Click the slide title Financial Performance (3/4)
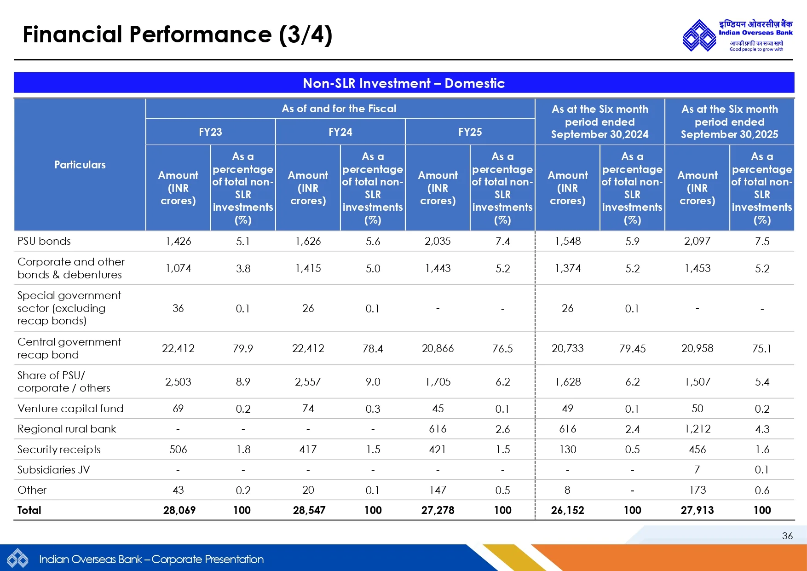[177, 35]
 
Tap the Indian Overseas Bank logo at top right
[737, 35]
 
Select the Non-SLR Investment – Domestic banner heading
[403, 83]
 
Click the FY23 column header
[210, 132]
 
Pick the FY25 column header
[470, 132]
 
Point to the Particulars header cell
[80, 165]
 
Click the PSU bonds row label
[44, 241]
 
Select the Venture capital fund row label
[70, 409]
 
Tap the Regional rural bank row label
[67, 429]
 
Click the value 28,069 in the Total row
[179, 510]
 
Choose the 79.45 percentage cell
[632, 349]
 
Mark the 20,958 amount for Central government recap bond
[697, 348]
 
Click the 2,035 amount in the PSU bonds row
[438, 241]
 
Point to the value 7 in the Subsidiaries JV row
[697, 470]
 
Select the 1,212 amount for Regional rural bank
[697, 429]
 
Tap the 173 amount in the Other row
[697, 490]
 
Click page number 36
[787, 536]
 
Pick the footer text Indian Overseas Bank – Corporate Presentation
[151, 559]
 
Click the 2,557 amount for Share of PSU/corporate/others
[308, 382]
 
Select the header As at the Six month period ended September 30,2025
[729, 122]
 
